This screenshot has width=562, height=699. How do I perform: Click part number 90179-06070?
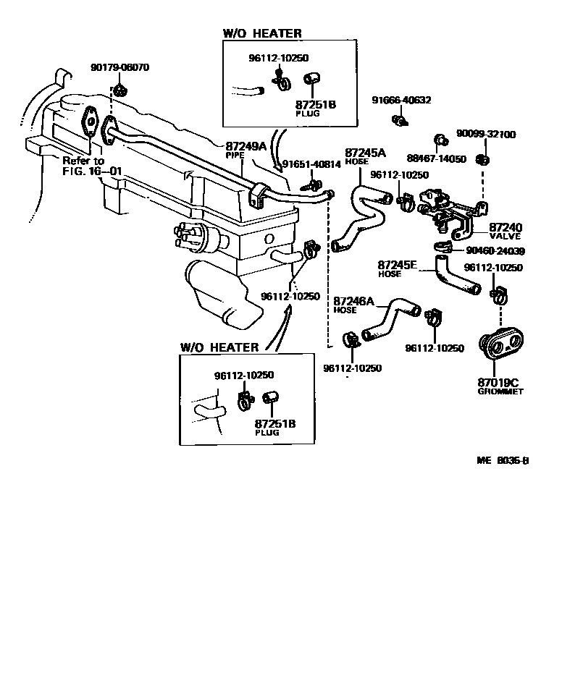tap(120, 68)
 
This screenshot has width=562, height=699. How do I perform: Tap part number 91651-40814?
tap(311, 164)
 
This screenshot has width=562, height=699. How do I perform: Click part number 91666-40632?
tap(401, 101)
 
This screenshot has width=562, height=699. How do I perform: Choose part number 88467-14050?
tap(436, 158)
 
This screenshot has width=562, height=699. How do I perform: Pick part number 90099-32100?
tap(486, 134)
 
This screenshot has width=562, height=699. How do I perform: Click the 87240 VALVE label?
tap(506, 232)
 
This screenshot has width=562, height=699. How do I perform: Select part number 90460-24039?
tap(495, 251)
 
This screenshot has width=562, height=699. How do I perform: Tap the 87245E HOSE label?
tap(398, 268)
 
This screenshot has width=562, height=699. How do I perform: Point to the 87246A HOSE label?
tap(353, 305)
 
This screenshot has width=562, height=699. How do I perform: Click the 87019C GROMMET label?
tap(500, 386)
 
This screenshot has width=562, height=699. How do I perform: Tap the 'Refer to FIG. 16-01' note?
tap(92, 166)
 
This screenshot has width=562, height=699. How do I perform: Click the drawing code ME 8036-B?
tap(503, 460)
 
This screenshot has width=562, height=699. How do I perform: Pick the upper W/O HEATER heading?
tap(262, 33)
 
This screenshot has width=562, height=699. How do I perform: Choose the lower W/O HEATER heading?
tap(219, 347)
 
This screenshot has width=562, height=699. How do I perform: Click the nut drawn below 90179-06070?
tap(119, 90)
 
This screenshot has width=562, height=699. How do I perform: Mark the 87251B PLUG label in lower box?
tap(275, 427)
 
